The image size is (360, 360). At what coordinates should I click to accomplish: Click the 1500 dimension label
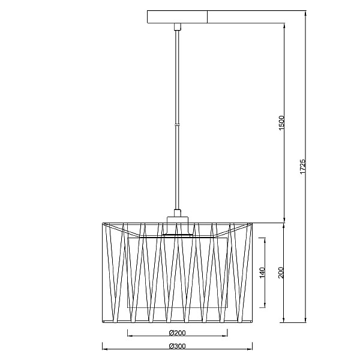click(282, 123)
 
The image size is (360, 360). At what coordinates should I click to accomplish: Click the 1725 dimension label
click(303, 167)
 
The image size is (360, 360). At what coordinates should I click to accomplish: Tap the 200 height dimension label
click(281, 273)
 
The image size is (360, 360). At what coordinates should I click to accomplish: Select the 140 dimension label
click(262, 273)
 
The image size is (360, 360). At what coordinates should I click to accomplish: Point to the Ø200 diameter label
click(177, 332)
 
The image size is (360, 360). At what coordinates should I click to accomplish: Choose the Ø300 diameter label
click(177, 346)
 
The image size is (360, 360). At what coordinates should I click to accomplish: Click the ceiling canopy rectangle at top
click(177, 17)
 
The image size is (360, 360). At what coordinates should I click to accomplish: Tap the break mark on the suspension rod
click(177, 125)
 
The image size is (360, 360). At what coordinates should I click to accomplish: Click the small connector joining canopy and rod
click(177, 26)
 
